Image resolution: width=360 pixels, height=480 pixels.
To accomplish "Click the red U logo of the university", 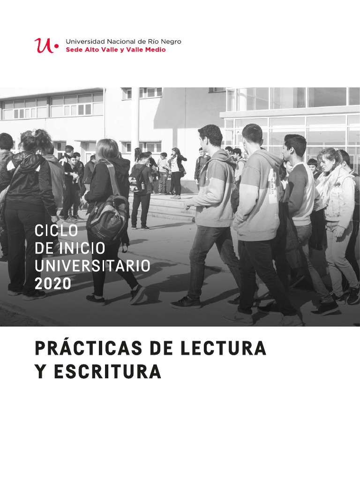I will coord(43,45).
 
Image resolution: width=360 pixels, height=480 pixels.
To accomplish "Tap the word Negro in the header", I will coord(171,42).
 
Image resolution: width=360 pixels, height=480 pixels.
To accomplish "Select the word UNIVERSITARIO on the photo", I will coord(93,266).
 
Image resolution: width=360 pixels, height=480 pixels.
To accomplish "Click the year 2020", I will coord(53,284).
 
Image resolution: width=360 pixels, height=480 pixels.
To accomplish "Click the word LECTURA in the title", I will coord(226,349).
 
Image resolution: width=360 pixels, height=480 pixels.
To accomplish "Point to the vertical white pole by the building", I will coord(135,117).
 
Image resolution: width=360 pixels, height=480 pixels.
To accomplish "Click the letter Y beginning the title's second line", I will coord(40,372).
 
